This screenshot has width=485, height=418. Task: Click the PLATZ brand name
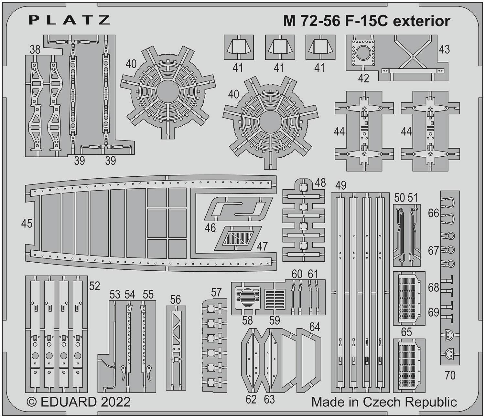(x=69, y=20)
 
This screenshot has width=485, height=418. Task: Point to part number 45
(x=27, y=224)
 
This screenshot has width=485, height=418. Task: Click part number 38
(x=35, y=50)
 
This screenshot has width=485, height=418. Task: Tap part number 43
(x=444, y=49)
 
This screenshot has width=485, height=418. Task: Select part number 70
(x=450, y=375)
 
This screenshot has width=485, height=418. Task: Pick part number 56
(x=175, y=299)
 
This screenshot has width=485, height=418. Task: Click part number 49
(x=341, y=185)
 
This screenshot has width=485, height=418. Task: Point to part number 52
(x=94, y=286)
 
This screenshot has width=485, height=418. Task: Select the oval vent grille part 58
(x=248, y=297)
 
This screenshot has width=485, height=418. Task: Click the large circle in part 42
(x=363, y=52)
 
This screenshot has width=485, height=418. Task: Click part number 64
(x=314, y=327)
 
